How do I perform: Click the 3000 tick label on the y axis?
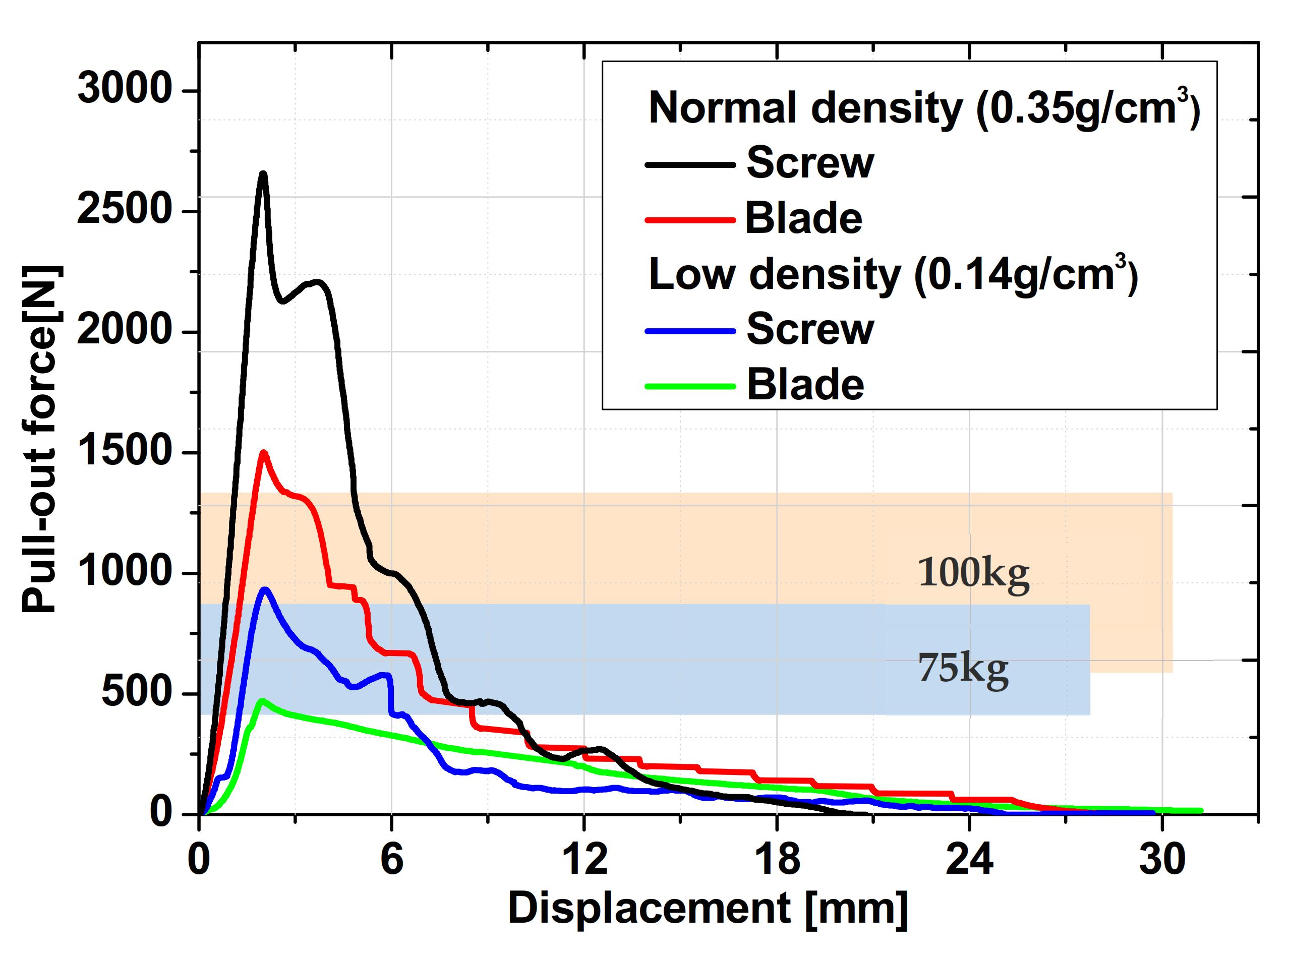(125, 89)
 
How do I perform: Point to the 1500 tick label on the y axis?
(125, 451)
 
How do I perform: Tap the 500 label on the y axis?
(137, 692)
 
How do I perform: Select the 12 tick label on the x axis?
(584, 860)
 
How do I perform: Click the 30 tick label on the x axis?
(1162, 860)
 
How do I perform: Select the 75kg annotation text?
(963, 668)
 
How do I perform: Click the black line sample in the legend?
(690, 165)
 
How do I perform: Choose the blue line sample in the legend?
(690, 332)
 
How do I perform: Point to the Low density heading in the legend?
(893, 275)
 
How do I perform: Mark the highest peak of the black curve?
(263, 173)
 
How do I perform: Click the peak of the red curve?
(264, 453)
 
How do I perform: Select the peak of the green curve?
(262, 701)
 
